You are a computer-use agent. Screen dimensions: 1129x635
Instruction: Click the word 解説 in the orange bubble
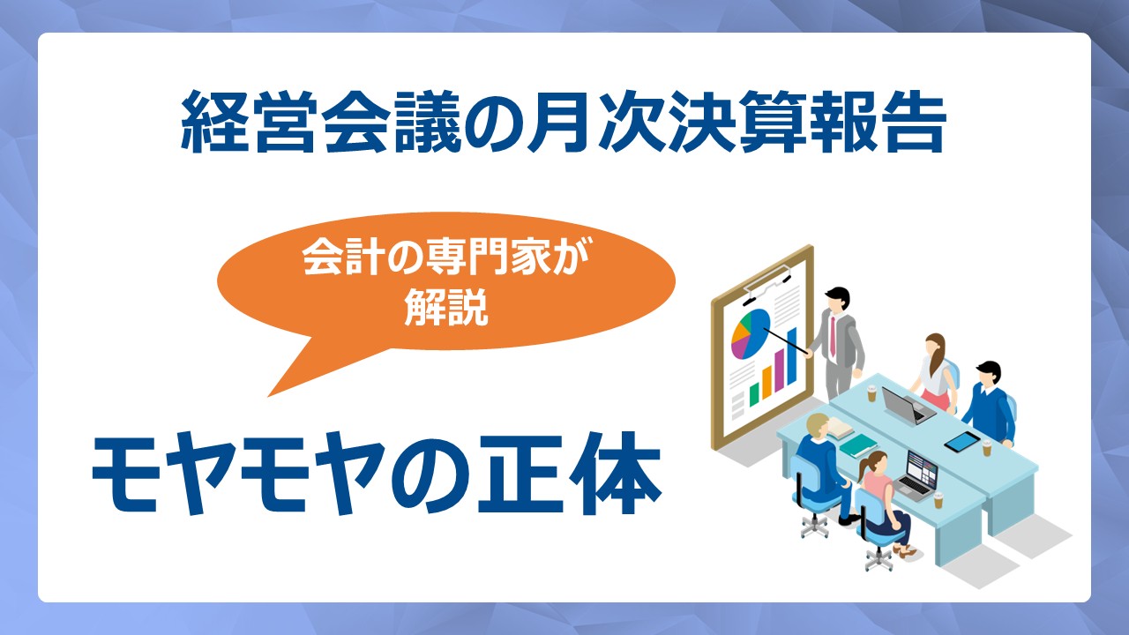click(x=446, y=306)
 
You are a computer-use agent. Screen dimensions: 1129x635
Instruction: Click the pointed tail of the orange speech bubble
click(x=270, y=396)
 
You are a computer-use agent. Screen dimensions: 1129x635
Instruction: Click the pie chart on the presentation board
click(x=751, y=333)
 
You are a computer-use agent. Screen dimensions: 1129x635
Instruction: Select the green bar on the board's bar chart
click(x=754, y=394)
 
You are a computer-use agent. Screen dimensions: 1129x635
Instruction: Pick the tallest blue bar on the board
click(x=792, y=355)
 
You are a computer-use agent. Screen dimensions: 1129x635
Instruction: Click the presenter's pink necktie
click(x=832, y=336)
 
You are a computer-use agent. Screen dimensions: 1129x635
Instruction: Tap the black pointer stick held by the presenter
click(x=786, y=340)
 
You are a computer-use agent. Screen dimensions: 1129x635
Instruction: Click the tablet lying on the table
click(x=961, y=442)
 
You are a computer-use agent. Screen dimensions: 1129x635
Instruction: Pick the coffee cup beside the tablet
click(x=986, y=447)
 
